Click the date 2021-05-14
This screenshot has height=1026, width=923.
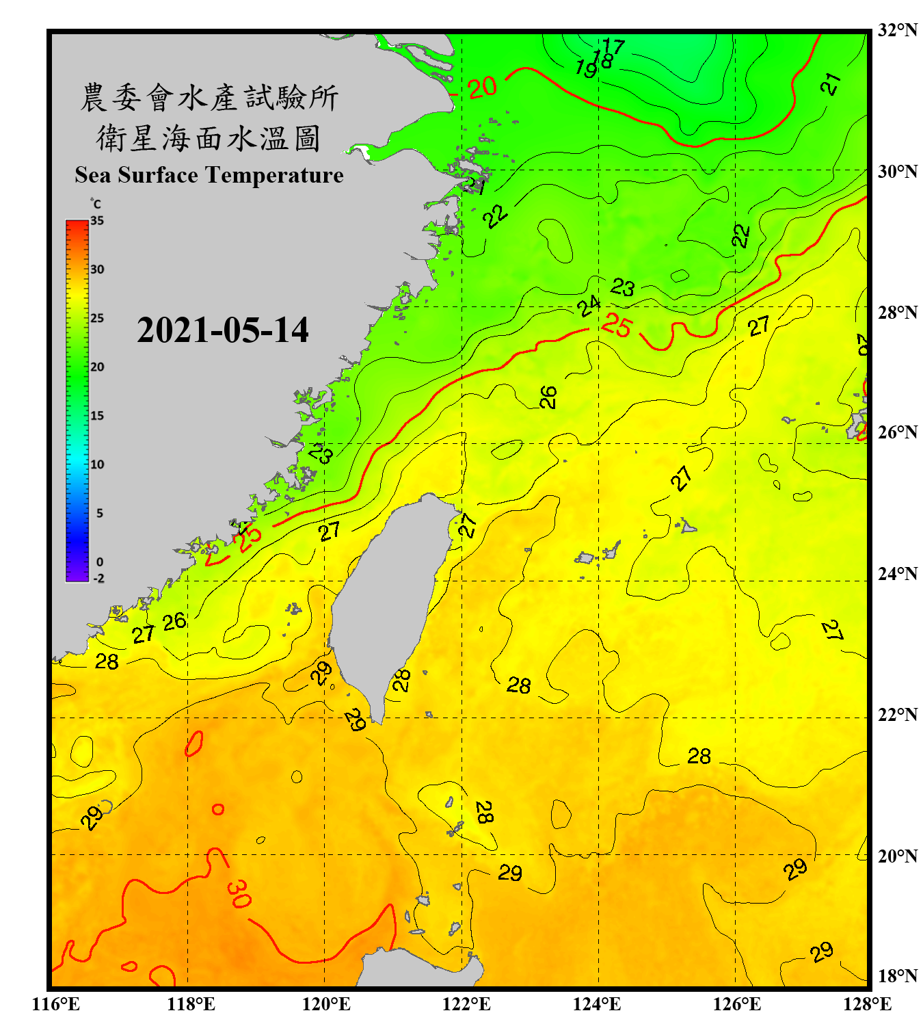[x=222, y=330]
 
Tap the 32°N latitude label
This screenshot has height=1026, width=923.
[x=897, y=30]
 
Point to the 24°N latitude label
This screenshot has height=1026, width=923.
[x=897, y=573]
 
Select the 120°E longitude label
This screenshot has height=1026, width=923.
[x=326, y=1004]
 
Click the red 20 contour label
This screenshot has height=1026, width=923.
[x=482, y=87]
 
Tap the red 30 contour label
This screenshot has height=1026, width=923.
[x=239, y=893]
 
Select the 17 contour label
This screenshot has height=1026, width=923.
[x=613, y=47]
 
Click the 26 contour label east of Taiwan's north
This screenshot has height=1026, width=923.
[x=548, y=397]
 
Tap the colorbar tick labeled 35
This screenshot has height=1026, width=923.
[x=97, y=220]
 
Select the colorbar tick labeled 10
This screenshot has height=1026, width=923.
[x=97, y=464]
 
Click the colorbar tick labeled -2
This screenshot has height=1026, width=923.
[x=98, y=579]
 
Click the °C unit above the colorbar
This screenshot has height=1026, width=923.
[x=96, y=204]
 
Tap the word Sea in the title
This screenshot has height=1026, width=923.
[x=94, y=175]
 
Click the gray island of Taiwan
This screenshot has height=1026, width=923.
[x=390, y=595]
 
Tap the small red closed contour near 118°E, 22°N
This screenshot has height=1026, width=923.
[x=194, y=744]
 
